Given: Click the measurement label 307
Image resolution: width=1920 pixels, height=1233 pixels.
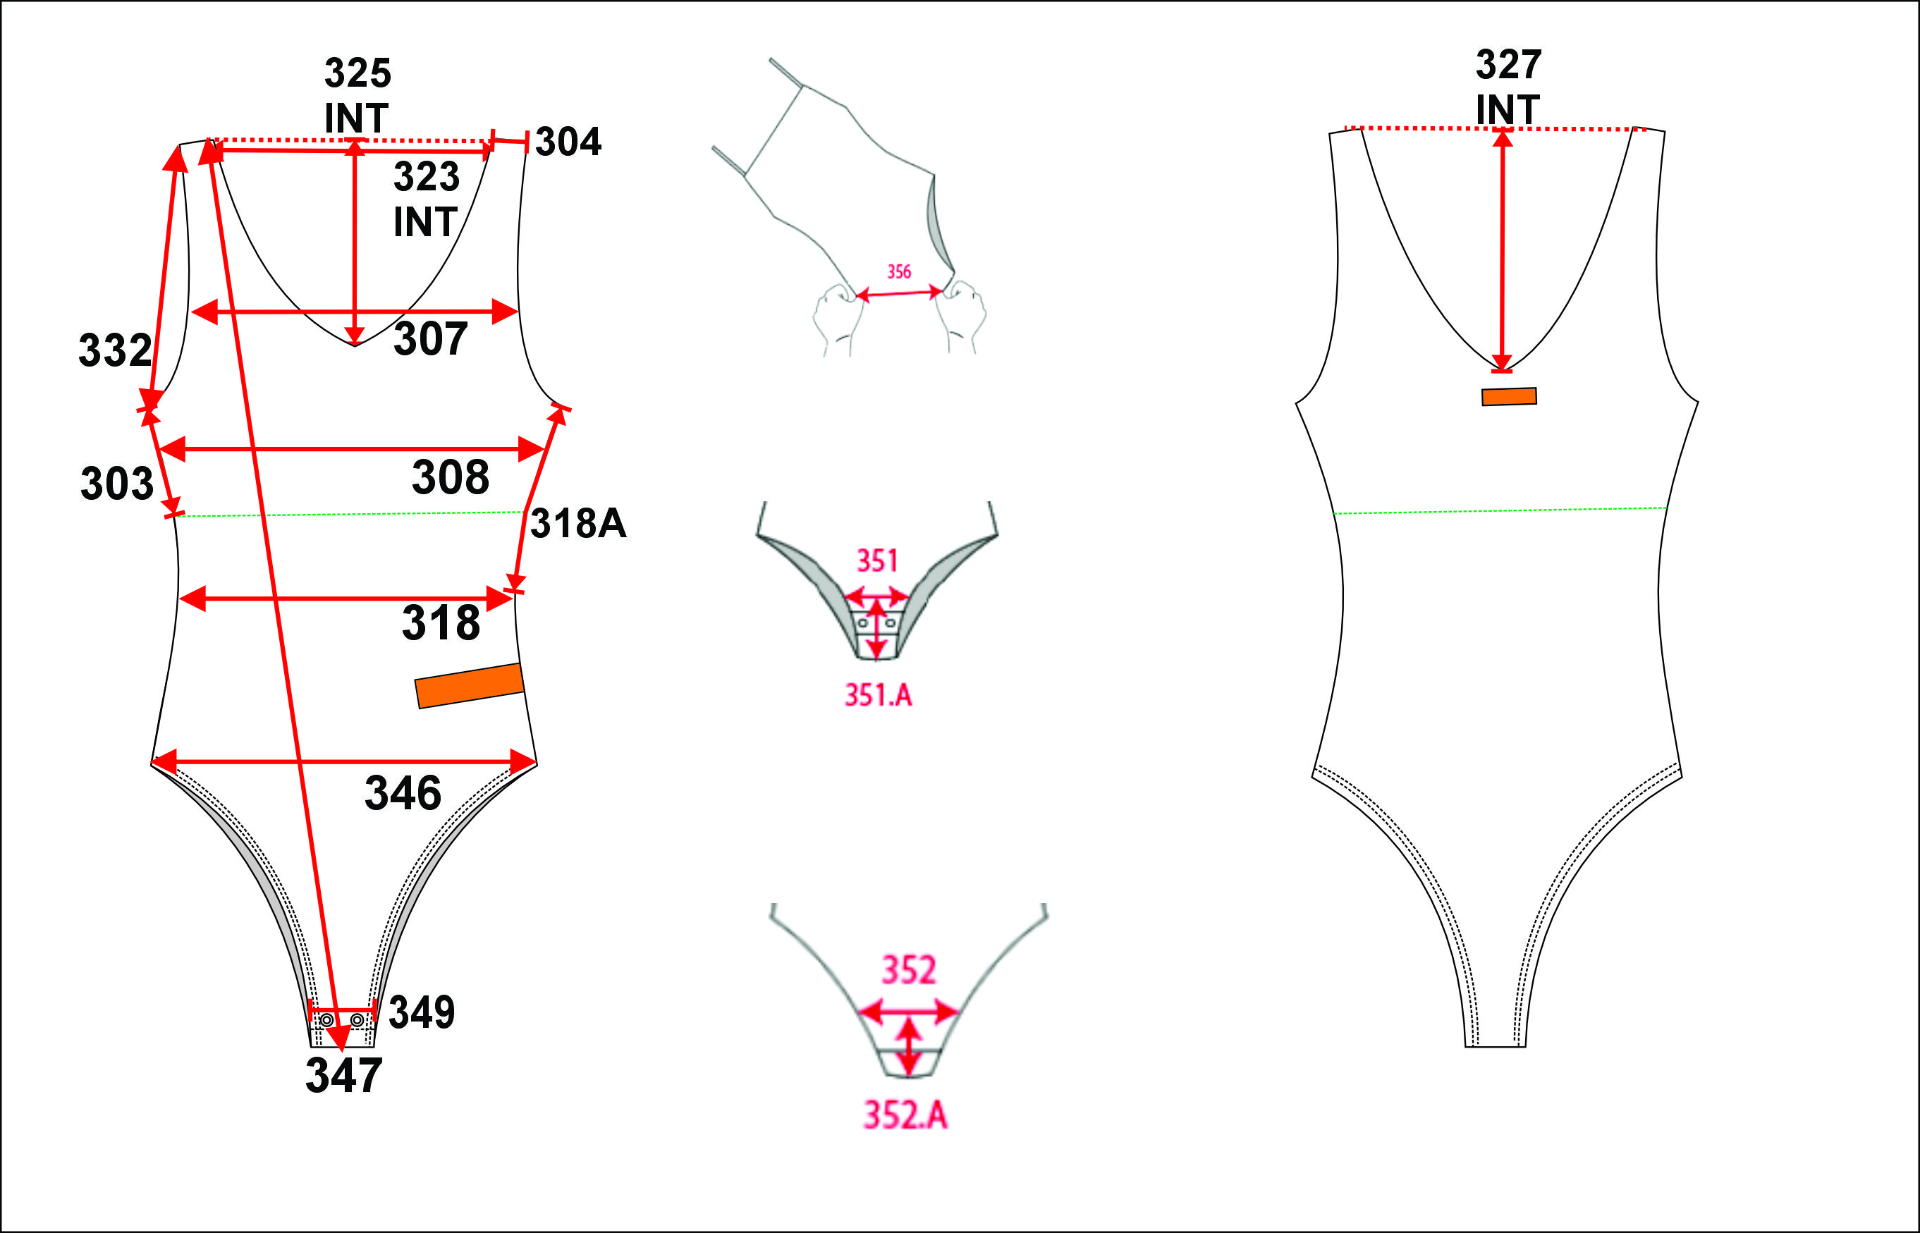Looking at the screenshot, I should [430, 340].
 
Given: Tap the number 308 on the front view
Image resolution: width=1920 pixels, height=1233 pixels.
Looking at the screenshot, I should [450, 478].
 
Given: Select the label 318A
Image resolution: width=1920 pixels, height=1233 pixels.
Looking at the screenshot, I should [577, 524].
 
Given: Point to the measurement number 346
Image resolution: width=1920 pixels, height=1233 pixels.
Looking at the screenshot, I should [403, 793].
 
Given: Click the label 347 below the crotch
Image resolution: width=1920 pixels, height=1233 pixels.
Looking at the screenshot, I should [343, 1075].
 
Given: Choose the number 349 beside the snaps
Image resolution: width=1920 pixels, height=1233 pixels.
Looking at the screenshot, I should [421, 1012].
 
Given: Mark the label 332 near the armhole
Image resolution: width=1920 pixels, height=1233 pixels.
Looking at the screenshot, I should [114, 350].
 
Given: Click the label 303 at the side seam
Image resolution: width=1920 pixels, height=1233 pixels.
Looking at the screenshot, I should [117, 484].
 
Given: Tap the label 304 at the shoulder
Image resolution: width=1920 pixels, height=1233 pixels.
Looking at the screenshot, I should [568, 142].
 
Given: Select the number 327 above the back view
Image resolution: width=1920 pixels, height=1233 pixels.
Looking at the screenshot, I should [1508, 65].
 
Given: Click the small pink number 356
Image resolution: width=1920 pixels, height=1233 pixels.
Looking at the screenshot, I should [899, 271].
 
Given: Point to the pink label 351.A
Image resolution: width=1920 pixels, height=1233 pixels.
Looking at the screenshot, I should [879, 695].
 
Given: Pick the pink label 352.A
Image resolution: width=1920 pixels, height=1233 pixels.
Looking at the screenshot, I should [905, 1115].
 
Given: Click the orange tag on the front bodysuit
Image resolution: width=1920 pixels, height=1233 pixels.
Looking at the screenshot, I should [469, 685].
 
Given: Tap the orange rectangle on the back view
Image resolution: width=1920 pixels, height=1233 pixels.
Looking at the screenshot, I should [1508, 396].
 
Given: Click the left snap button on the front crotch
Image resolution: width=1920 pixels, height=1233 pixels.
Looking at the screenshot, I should [326, 1021].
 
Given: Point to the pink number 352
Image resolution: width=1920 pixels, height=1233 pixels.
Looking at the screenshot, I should [909, 970].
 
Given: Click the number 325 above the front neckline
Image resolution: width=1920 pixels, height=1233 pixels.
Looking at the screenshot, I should [357, 73].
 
